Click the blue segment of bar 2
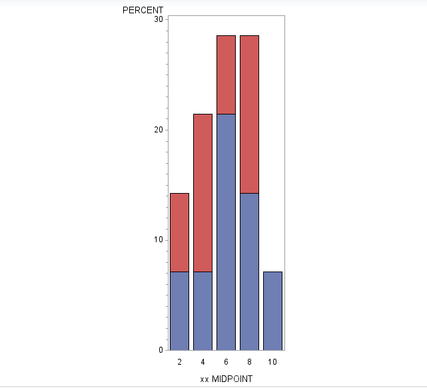tap(179, 311)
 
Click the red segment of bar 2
tap(179, 232)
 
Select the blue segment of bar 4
tap(203, 311)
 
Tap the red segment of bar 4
tap(203, 193)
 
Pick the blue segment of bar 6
tap(226, 232)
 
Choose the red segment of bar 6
tap(226, 75)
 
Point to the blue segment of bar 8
tap(249, 272)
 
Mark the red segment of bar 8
tap(249, 114)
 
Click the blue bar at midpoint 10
tap(272, 311)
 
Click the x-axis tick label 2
tap(179, 362)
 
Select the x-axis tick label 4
tap(203, 362)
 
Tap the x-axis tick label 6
tap(226, 362)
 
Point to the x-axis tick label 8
tap(249, 362)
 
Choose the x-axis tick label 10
tap(272, 362)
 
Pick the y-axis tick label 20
tap(159, 130)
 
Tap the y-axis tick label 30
tap(159, 20)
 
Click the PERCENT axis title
tap(143, 10)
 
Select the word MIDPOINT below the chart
tap(232, 379)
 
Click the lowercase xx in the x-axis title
tap(204, 379)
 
